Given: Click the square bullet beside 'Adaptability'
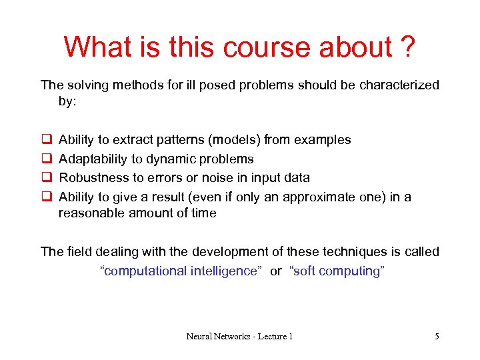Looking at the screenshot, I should pyautogui.click(x=47, y=159).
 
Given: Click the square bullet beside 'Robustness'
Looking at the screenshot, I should pyautogui.click(x=47, y=177).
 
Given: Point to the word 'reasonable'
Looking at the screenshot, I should pyautogui.click(x=90, y=213).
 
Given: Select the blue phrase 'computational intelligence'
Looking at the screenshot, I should pyautogui.click(x=180, y=271).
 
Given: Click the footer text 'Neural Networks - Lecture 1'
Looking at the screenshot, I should pyautogui.click(x=239, y=337).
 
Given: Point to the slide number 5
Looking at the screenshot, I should pyautogui.click(x=437, y=337).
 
